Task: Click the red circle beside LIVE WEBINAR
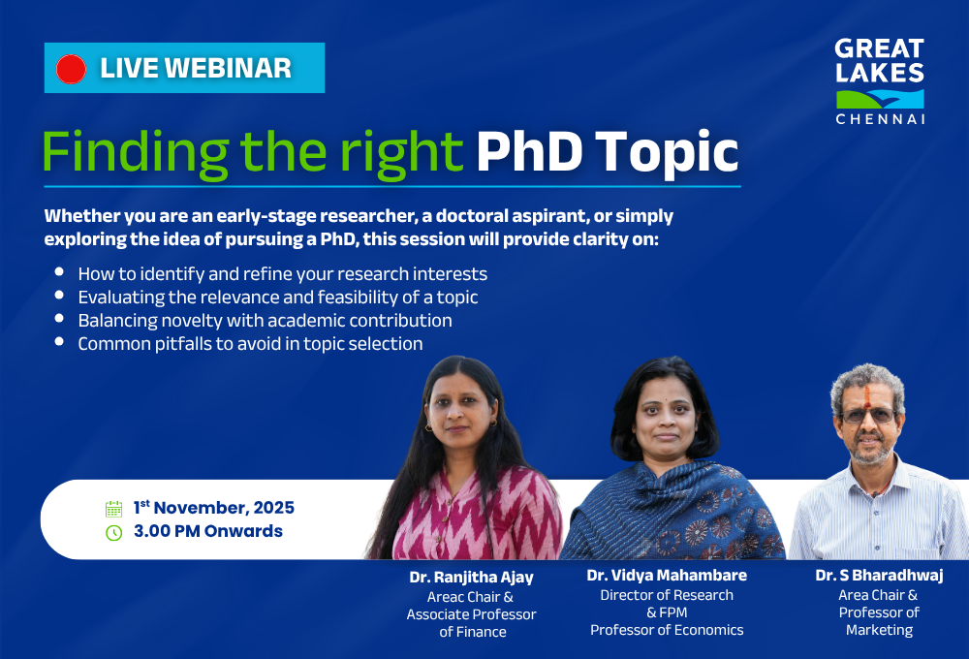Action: (72, 69)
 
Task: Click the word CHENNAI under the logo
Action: (880, 118)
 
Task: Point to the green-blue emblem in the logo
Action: (880, 98)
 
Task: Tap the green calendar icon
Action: (113, 509)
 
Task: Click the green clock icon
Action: (113, 532)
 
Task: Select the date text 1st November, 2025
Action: (214, 508)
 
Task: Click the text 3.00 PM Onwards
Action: (208, 531)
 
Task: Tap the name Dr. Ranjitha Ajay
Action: (471, 578)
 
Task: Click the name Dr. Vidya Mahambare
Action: (667, 576)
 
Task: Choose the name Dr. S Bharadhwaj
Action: (879, 576)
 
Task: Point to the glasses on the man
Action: (868, 415)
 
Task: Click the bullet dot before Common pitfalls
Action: (60, 342)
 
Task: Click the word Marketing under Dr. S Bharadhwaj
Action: (879, 630)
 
